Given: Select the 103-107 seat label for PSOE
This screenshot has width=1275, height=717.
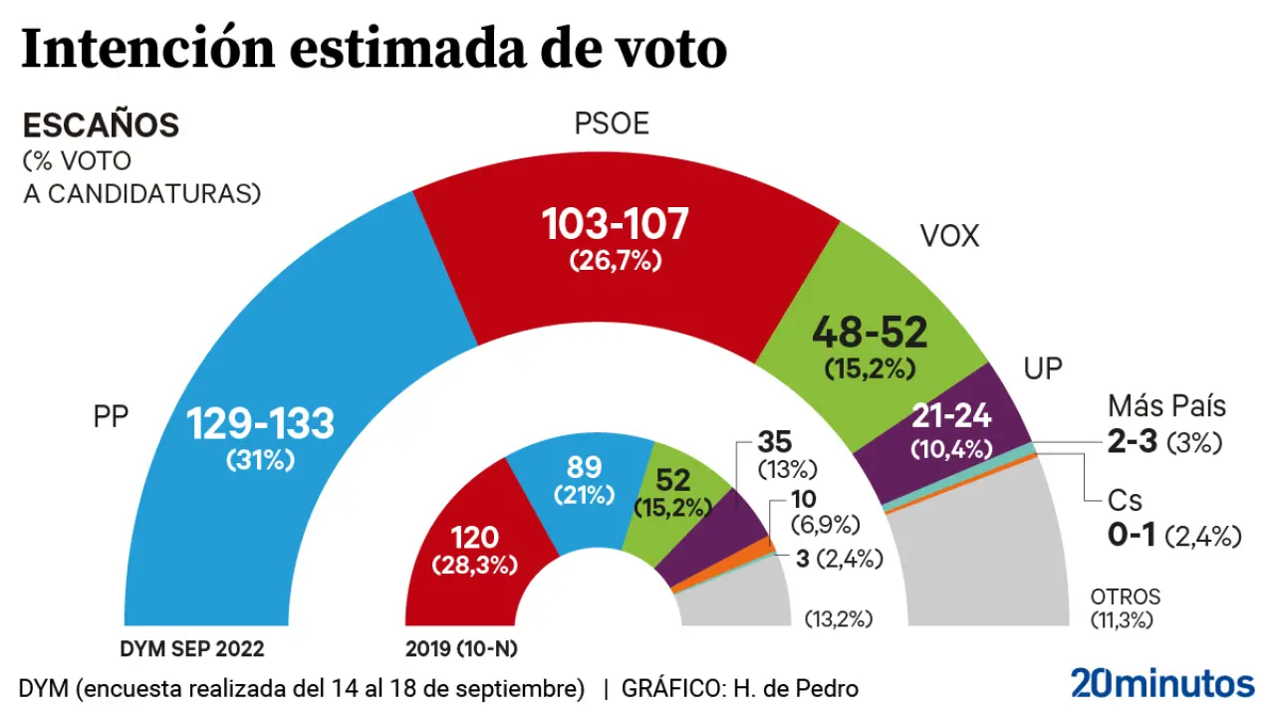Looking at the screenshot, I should click(616, 225).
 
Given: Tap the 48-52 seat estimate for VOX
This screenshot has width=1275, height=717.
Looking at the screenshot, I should click(870, 332).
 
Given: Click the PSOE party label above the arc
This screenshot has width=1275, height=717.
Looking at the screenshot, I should click(612, 123).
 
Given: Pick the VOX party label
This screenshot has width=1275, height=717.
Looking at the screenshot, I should click(949, 236).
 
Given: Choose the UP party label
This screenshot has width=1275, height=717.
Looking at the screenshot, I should click(1043, 369).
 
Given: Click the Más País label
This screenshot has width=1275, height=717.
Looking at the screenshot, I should click(1166, 406).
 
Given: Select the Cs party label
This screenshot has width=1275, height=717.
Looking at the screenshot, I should click(1125, 500).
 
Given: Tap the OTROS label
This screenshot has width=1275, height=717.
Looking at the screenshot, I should click(1126, 597).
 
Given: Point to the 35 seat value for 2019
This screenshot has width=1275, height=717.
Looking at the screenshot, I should click(775, 441).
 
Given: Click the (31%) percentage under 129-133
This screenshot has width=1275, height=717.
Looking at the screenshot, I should click(261, 462).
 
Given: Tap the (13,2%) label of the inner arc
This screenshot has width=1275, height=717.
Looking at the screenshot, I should click(839, 618).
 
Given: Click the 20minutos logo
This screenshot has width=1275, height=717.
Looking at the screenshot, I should click(1162, 684).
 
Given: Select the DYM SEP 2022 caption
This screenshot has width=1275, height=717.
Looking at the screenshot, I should click(191, 649).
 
